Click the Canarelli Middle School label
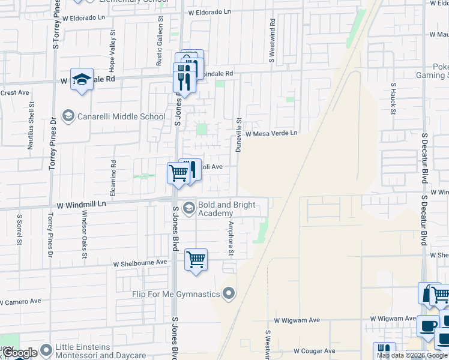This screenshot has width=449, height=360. (x=121, y=116)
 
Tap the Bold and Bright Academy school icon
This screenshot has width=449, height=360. (x=188, y=208)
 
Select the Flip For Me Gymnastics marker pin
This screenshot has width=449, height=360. (x=228, y=294)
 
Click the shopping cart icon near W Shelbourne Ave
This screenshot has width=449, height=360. (x=196, y=260)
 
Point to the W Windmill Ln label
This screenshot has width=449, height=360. (x=81, y=204)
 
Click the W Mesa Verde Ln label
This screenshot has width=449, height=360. (x=271, y=133)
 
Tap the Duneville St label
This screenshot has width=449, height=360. (x=238, y=134)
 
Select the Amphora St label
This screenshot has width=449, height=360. (x=230, y=238)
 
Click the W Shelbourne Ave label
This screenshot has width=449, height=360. (x=140, y=263)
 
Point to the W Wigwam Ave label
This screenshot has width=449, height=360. (x=393, y=319)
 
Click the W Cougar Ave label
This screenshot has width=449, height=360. (x=314, y=350)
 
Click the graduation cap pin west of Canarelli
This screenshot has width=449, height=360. (x=82, y=80)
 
